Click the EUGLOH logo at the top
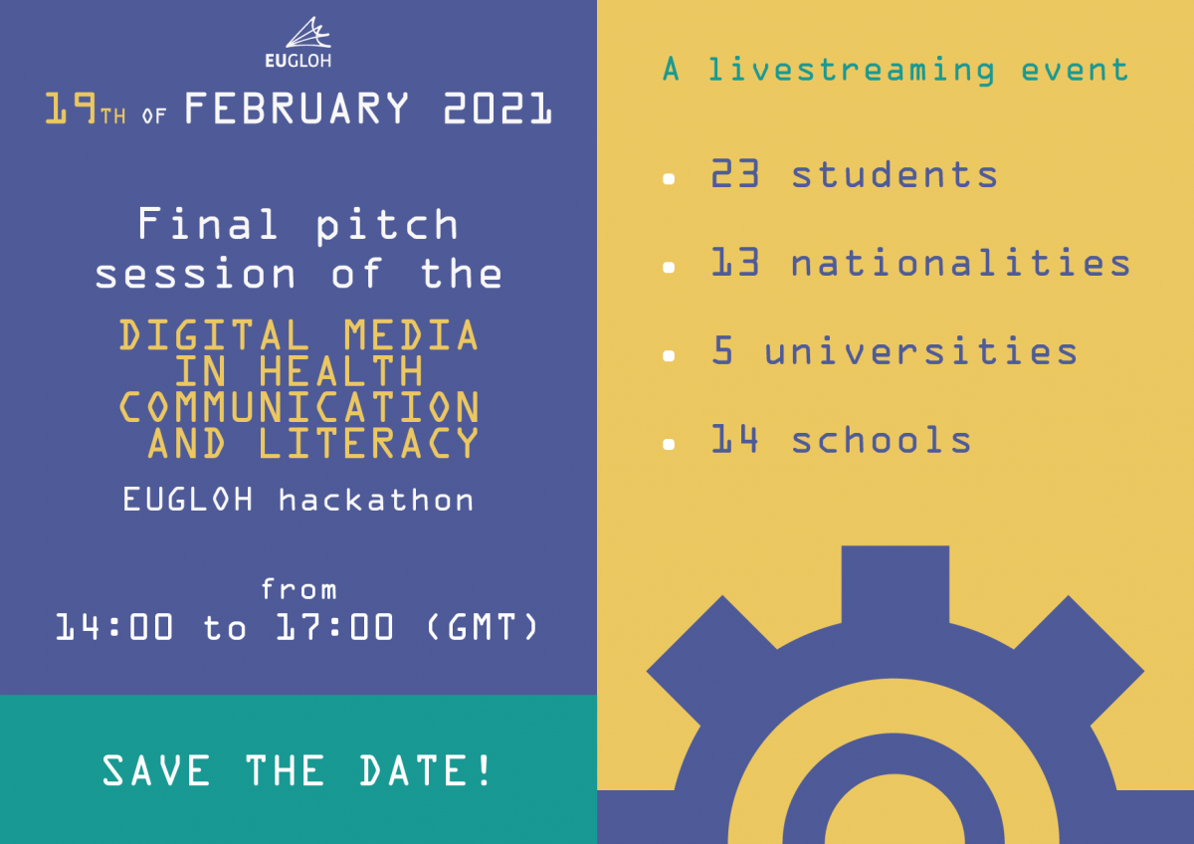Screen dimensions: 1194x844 [x=298, y=42]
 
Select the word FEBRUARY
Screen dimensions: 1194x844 [x=297, y=108]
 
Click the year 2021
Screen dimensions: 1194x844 [x=497, y=108]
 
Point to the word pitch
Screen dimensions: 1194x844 [x=387, y=226]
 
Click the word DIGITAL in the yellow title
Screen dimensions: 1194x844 [x=214, y=334]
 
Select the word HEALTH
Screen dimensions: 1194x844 [x=341, y=371]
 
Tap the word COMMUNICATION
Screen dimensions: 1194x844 [x=299, y=407]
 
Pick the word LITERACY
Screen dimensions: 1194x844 [x=369, y=443]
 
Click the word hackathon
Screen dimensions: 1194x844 [x=376, y=500]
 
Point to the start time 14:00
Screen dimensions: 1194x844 [x=114, y=626]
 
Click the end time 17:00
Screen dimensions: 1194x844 [x=334, y=626]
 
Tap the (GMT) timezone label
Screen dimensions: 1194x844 [x=482, y=626]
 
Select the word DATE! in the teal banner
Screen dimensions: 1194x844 [x=425, y=770]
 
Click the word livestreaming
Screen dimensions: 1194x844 [x=851, y=71]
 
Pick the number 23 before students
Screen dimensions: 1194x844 [x=735, y=174]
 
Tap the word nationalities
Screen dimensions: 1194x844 [x=960, y=263]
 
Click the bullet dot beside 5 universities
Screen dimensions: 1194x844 [x=669, y=355]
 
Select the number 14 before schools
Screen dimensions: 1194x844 [x=734, y=439]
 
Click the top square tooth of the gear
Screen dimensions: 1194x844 [x=895, y=584]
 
